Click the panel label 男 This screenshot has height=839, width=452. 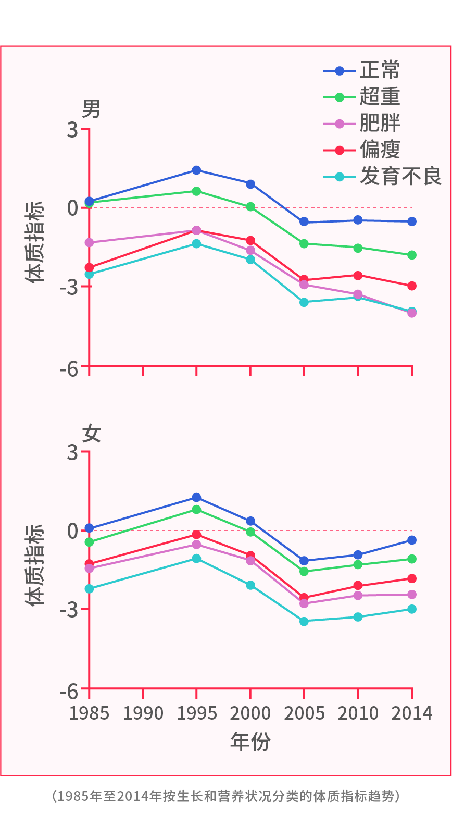pos(92,109)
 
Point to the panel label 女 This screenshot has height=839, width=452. pos(92,433)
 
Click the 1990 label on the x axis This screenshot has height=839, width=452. pos(143,713)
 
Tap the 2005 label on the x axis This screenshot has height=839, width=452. pos(304,713)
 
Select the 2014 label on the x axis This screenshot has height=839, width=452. pos(412,713)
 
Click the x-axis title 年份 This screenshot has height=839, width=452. pos(250,741)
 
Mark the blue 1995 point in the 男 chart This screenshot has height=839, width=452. pos(196,170)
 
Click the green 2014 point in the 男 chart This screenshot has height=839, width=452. pos(412,255)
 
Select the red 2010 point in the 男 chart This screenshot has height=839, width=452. pos(358,275)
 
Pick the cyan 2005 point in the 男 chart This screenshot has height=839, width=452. pos(304,302)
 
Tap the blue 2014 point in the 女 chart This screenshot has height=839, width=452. pos(412,540)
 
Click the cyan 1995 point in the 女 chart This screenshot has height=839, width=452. pos(196,559)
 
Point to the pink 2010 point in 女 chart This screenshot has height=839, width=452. pos(358,596)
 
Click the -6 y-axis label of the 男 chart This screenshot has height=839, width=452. pos(69,369)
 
